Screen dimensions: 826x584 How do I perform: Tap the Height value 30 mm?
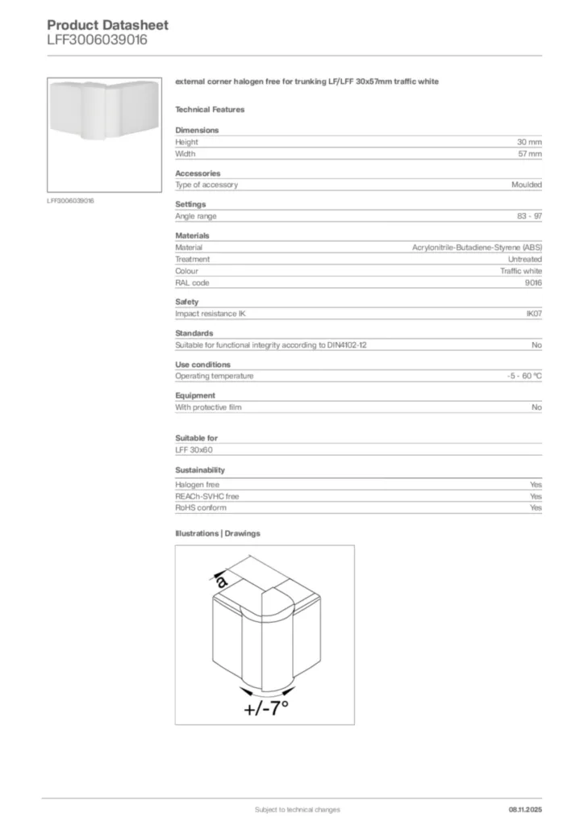(x=529, y=142)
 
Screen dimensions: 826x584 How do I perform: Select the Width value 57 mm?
(x=529, y=153)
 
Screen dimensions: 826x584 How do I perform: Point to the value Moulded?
(x=526, y=185)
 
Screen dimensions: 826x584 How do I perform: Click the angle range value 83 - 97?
(x=529, y=216)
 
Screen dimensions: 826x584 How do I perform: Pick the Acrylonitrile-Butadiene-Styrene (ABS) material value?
(x=477, y=248)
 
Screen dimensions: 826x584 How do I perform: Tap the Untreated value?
(x=524, y=259)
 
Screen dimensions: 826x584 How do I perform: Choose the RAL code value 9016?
(x=533, y=283)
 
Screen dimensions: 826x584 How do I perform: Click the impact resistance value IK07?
(x=533, y=314)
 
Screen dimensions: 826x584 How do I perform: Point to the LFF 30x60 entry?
(x=194, y=450)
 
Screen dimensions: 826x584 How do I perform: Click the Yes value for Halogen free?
(x=536, y=485)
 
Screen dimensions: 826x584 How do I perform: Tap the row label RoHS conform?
(x=201, y=508)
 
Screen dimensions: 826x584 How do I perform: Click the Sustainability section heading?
(x=200, y=469)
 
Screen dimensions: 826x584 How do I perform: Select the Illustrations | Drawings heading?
(x=218, y=533)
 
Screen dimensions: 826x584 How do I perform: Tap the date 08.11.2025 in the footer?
(x=525, y=809)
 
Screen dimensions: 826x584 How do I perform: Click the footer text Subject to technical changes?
(x=297, y=809)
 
